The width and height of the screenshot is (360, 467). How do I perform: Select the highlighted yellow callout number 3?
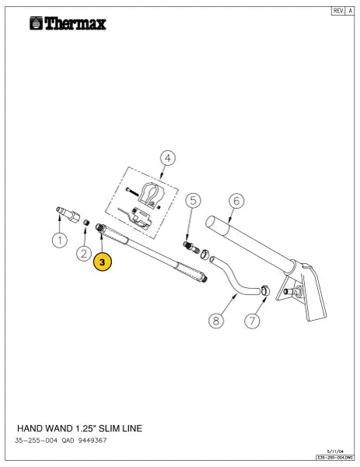103,262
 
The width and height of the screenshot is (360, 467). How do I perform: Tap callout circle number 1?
60,240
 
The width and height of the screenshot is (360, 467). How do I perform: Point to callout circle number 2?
84,254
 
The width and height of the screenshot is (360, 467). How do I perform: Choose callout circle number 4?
168,158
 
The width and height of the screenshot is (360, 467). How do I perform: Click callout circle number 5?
193,201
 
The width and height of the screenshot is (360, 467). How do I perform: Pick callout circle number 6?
236,201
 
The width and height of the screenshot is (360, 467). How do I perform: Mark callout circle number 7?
252,321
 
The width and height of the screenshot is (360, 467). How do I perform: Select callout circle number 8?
216,321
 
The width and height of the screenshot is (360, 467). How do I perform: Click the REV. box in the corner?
338,11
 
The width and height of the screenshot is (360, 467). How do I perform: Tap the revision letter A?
351,11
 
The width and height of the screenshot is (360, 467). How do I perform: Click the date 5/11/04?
335,451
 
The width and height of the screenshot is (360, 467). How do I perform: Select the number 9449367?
93,441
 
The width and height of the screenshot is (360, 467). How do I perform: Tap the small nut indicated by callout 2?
86,222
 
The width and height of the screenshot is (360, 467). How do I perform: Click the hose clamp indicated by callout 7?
265,290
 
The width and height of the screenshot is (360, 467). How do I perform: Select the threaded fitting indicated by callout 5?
191,248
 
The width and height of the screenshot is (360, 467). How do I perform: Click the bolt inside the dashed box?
132,191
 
